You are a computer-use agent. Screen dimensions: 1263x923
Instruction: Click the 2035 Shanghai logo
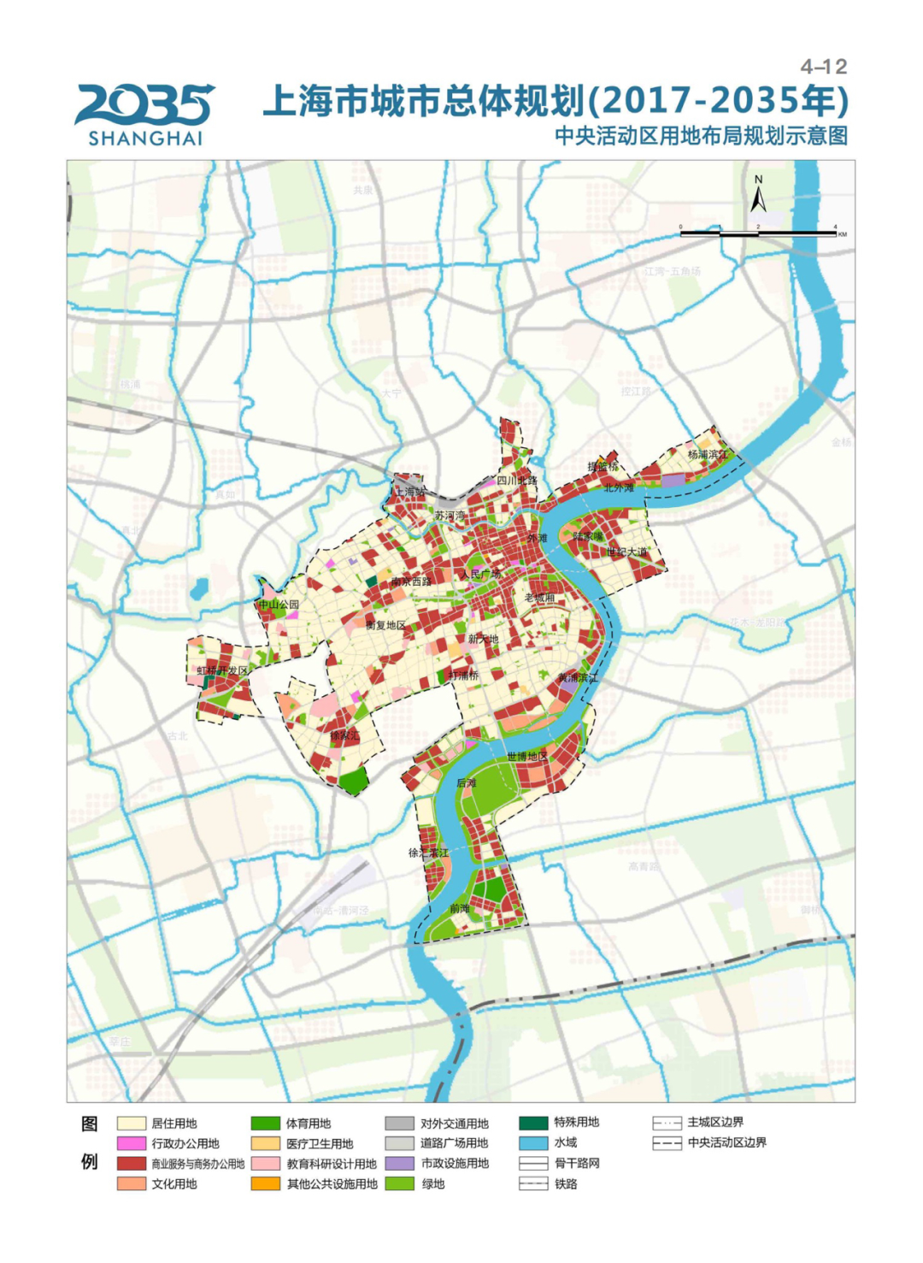pyautogui.click(x=144, y=114)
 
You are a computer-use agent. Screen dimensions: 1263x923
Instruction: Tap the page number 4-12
pyautogui.click(x=823, y=67)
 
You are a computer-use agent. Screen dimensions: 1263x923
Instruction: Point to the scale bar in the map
pyautogui.click(x=758, y=232)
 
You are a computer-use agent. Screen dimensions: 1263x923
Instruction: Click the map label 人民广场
pyautogui.click(x=481, y=575)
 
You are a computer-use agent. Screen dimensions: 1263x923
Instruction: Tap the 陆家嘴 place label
pyautogui.click(x=587, y=537)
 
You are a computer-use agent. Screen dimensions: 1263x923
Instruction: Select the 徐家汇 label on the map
pyautogui.click(x=344, y=735)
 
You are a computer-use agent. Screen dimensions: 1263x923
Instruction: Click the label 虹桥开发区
pyautogui.click(x=222, y=671)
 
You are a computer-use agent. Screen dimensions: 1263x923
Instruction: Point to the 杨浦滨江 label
pyautogui.click(x=708, y=454)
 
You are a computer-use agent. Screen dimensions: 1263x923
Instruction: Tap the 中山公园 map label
pyautogui.click(x=279, y=605)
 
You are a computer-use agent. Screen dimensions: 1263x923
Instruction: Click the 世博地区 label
pyautogui.click(x=526, y=756)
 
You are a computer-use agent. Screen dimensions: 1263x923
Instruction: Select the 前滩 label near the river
pyautogui.click(x=460, y=909)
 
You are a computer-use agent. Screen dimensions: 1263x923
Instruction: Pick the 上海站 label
pyautogui.click(x=409, y=493)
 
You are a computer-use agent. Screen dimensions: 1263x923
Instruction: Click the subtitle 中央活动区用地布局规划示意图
pyautogui.click(x=701, y=136)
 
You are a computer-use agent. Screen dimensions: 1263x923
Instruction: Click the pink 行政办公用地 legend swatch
pyautogui.click(x=132, y=1143)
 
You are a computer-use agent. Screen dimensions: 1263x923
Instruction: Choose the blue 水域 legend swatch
pyautogui.click(x=533, y=1142)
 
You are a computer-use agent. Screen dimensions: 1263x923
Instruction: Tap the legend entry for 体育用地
pyautogui.click(x=291, y=1124)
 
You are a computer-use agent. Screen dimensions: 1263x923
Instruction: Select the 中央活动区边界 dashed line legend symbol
pyautogui.click(x=667, y=1143)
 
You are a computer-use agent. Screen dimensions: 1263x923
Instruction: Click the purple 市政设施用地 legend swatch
pyautogui.click(x=399, y=1164)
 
